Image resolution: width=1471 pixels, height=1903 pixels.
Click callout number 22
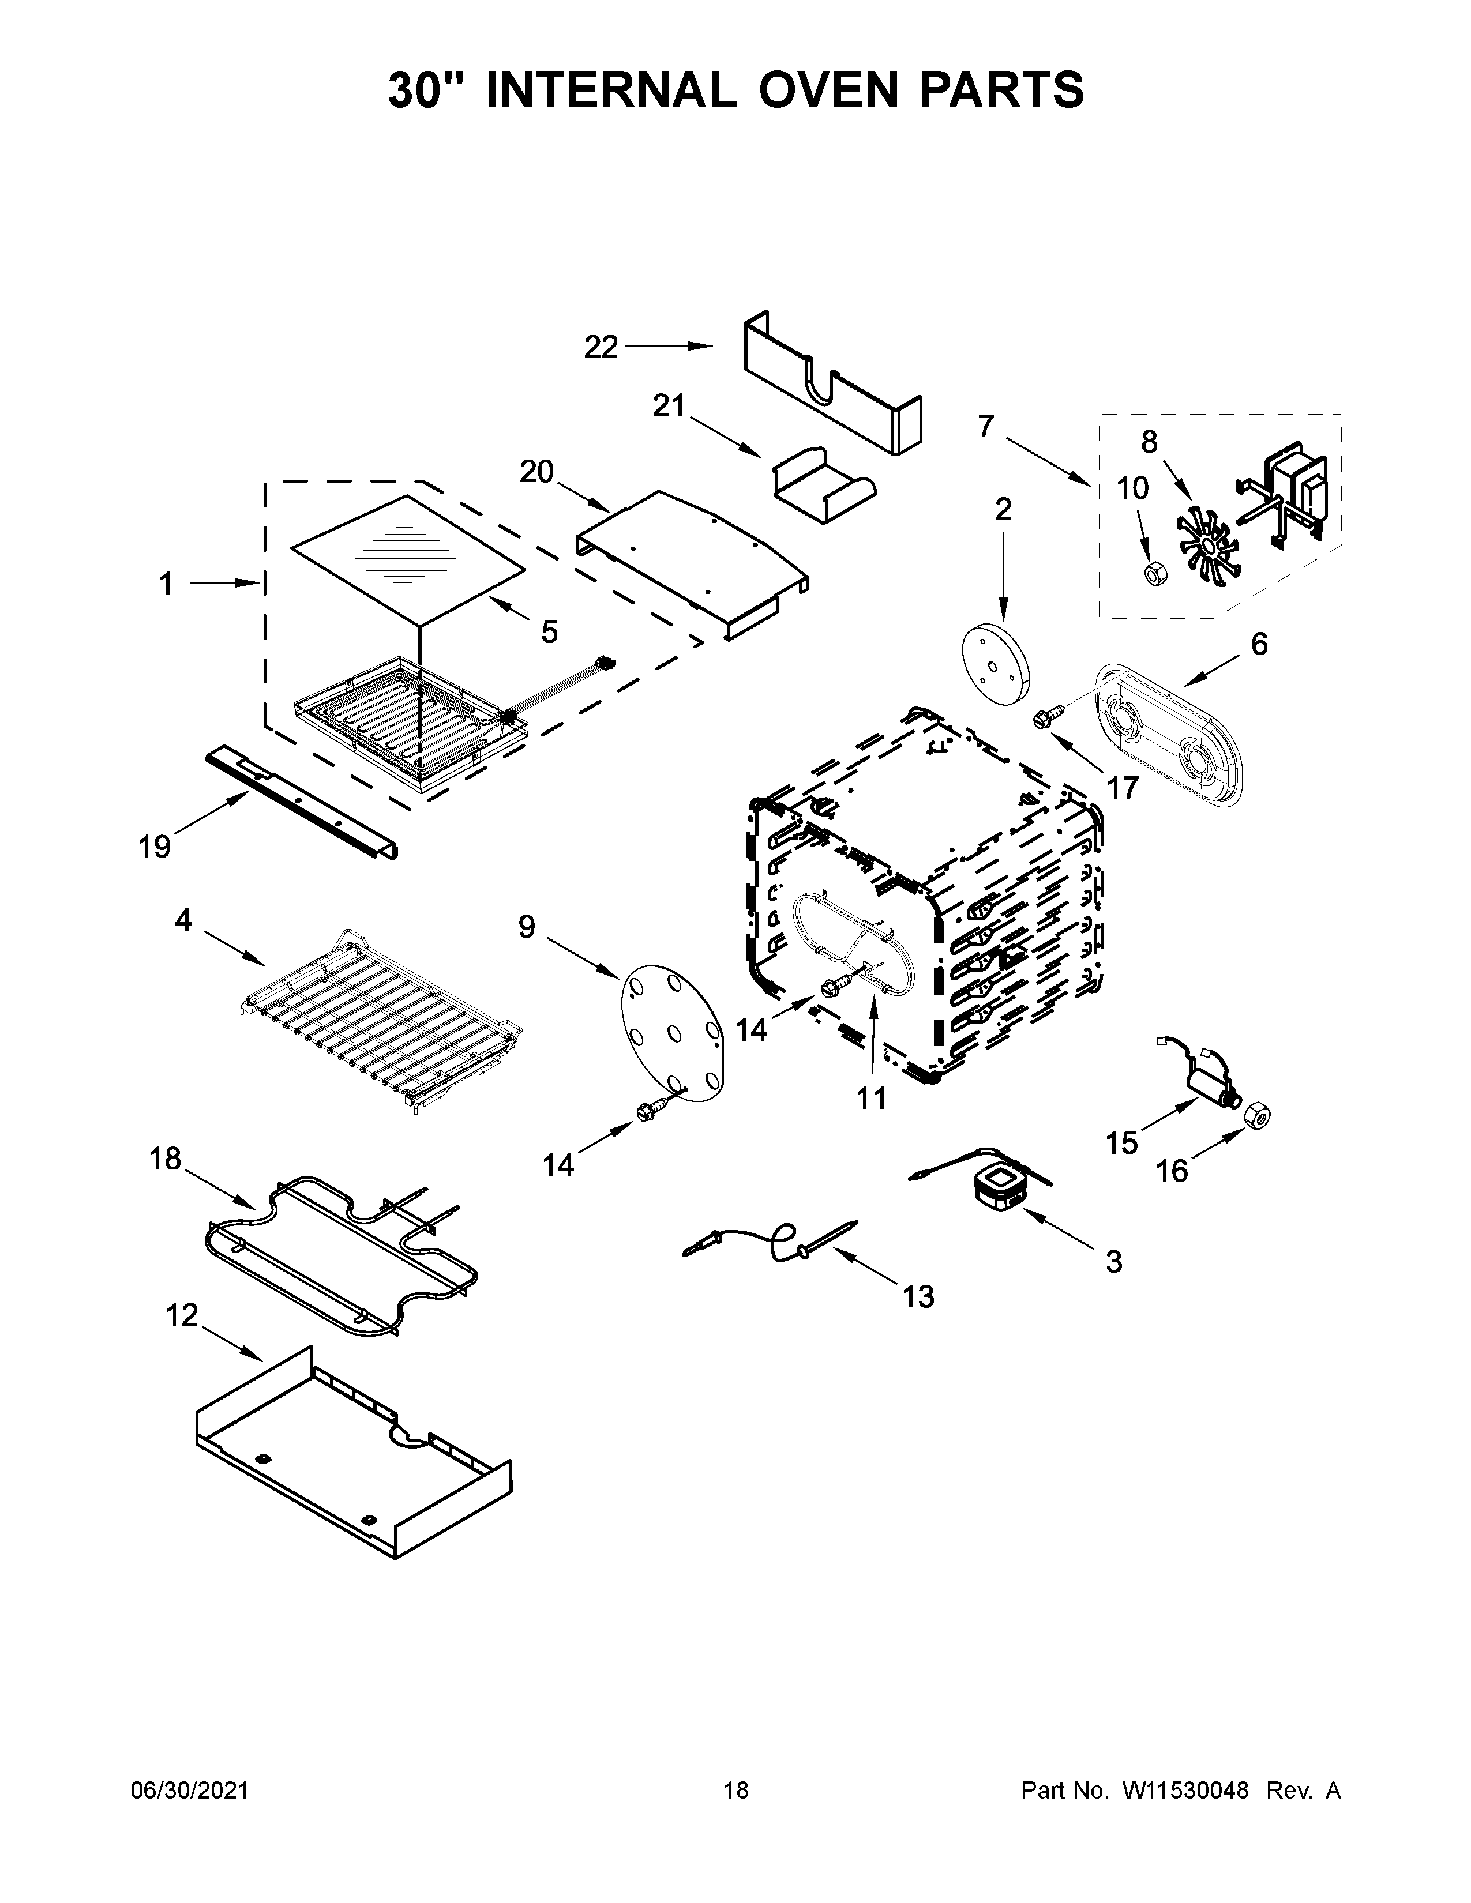pyautogui.click(x=601, y=348)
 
